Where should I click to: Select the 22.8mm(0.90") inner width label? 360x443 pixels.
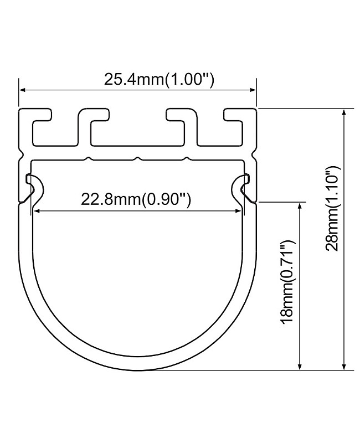(136, 199)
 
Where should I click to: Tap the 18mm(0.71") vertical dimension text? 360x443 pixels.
(286, 282)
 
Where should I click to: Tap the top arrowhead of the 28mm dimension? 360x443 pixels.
(345, 112)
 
